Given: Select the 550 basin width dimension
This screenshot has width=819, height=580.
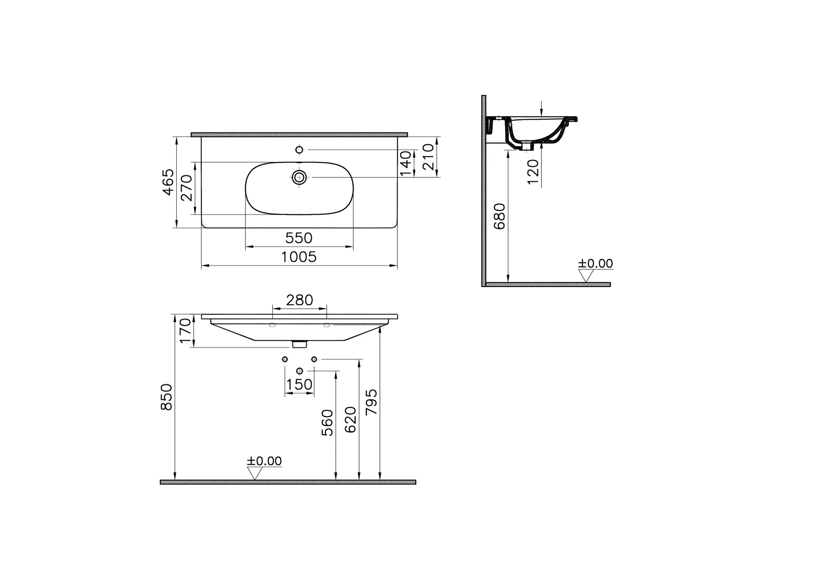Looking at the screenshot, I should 299,239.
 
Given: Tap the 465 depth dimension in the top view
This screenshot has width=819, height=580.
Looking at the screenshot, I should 168,182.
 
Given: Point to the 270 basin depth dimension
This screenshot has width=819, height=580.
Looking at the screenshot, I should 187,188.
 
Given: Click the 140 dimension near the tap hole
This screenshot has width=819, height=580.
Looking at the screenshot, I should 406,163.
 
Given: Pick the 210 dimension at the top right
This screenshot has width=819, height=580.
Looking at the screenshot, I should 428,157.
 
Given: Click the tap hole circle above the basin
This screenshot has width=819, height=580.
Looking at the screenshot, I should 299,150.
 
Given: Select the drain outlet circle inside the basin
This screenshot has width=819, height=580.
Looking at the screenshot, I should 299,177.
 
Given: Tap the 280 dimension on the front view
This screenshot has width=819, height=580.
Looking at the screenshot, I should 300,300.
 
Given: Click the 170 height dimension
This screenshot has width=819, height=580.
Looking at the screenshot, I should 185,331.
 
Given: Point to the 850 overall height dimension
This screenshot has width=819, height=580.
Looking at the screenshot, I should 166,397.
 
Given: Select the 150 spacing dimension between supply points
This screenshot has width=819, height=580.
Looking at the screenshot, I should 299,385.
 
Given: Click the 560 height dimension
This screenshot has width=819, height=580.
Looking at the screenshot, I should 328,423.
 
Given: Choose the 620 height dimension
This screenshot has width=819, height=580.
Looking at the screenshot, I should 350,420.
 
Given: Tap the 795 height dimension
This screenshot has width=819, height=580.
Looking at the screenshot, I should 372,401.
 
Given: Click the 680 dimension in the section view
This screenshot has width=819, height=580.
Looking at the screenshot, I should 500,216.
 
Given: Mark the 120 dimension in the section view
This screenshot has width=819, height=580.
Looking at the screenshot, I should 533,171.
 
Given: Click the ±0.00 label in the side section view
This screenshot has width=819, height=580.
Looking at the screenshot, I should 595,264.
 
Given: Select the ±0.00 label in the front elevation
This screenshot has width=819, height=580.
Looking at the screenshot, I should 264,461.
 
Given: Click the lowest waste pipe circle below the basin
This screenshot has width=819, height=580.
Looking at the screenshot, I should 300,371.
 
